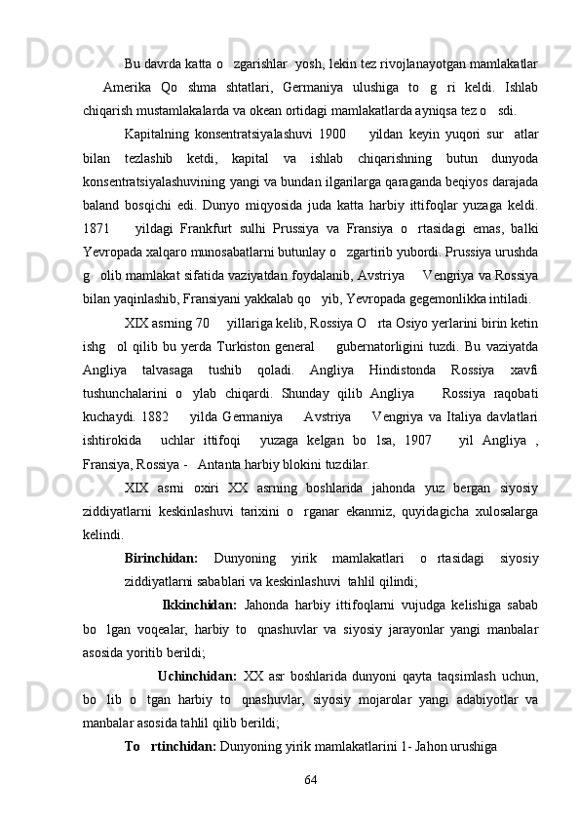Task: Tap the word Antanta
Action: [x=237, y=464]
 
